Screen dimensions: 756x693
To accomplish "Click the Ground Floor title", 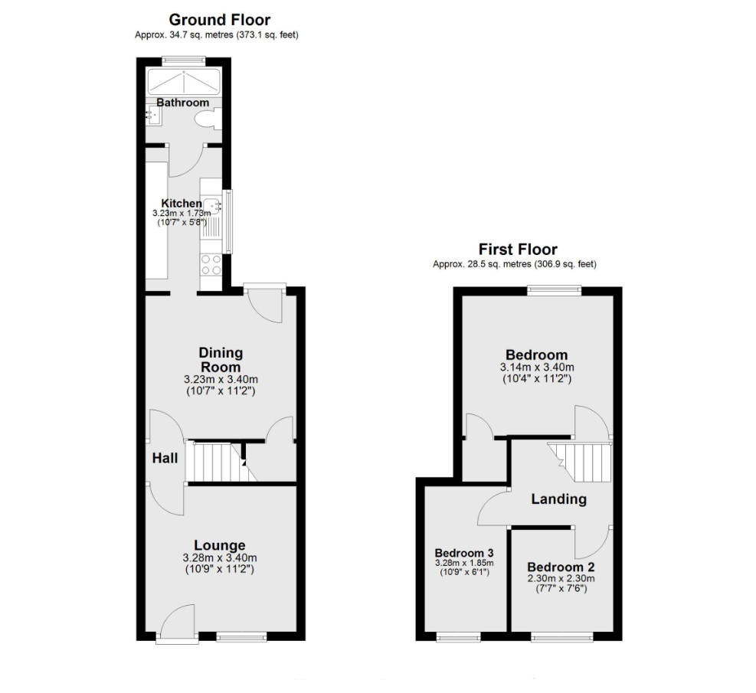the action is pos(219,20).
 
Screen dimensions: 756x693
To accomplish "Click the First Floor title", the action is pos(518,249).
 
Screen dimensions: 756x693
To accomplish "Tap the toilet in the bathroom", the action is pos(208,119).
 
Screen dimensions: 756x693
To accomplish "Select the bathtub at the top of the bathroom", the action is pos(184,82).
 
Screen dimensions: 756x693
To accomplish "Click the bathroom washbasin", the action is pos(154,115).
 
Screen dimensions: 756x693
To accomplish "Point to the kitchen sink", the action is pos(211,206).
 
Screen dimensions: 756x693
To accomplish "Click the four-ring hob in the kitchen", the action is pos(211,265).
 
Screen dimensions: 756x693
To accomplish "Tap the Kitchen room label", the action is pos(182,204).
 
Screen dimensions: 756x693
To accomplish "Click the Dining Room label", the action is pos(221,359).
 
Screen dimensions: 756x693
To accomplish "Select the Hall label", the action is pos(165,458).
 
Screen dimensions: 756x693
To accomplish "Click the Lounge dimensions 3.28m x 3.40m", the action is pos(219,558).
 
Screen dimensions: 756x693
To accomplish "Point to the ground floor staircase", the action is pos(221,462).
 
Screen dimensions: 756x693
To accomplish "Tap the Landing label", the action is pos(559,499).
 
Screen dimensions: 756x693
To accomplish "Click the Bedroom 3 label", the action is pos(464,553).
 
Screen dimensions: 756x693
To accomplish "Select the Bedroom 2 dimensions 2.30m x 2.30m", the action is pos(561,578).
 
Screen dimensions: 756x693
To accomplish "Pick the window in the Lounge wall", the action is pos(241,637).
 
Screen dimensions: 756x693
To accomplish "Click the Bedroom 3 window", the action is pos(459,637).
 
